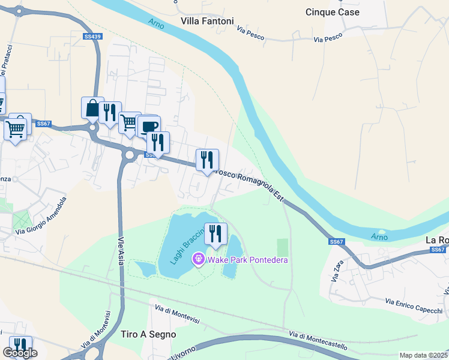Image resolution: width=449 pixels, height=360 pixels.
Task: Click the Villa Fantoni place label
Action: coord(208,20)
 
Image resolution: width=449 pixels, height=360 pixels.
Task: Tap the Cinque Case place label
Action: coord(332,12)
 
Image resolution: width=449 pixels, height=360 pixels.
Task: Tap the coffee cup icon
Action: coord(149,126)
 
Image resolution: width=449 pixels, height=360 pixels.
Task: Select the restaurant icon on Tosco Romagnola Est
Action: coord(207,160)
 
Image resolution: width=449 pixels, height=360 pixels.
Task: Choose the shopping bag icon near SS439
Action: coord(92,108)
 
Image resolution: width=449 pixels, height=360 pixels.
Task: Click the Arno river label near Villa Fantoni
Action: coord(156,22)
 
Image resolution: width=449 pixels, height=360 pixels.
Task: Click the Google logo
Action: coord(20,353)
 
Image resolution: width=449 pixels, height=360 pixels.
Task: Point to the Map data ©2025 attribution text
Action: coord(423,355)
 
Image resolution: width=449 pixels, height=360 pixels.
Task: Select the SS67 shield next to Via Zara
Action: coord(337,241)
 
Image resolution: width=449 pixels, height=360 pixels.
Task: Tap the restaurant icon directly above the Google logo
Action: coord(20,345)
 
